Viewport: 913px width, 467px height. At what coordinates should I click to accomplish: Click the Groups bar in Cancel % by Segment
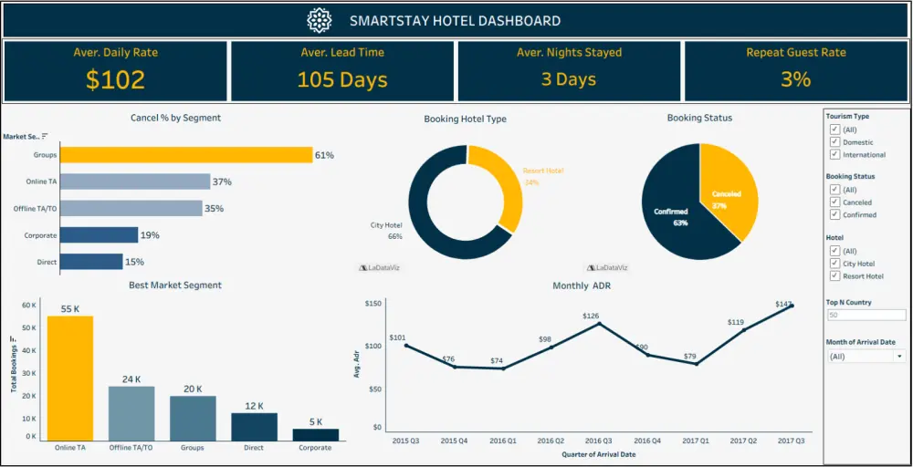[186, 155]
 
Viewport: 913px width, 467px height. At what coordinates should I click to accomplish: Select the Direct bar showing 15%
[91, 262]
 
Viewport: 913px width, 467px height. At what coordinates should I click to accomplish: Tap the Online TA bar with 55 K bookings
[70, 378]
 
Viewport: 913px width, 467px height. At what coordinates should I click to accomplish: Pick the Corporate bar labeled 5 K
[316, 434]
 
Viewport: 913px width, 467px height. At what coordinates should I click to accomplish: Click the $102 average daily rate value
[115, 79]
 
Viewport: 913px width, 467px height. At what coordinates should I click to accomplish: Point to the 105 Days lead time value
[342, 79]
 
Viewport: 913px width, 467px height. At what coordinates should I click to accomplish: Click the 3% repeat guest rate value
[795, 79]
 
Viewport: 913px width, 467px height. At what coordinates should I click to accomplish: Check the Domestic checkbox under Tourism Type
[834, 142]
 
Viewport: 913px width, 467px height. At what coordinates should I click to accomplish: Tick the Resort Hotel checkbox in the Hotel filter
[834, 275]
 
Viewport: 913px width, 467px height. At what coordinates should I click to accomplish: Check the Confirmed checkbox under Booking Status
[834, 214]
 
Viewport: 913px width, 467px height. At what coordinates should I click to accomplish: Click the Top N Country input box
[866, 315]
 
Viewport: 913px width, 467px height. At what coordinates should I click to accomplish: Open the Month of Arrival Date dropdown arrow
[900, 357]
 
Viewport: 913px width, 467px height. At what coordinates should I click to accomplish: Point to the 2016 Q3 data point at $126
[599, 324]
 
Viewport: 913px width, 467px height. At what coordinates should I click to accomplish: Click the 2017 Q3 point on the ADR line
[792, 306]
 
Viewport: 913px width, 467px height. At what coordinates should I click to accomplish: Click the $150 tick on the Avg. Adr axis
[372, 303]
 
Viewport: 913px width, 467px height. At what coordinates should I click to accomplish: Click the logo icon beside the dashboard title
[319, 20]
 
